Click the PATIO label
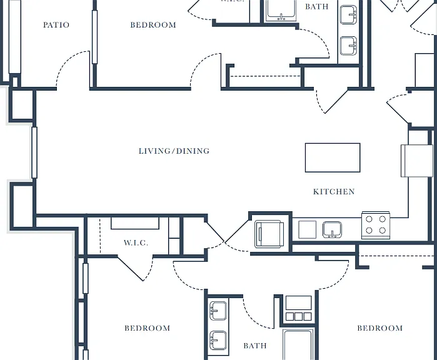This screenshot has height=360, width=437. [56, 25]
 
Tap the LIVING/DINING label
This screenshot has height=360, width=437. [174, 151]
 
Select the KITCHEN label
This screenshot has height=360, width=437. [334, 191]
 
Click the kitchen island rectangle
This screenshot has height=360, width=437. [333, 157]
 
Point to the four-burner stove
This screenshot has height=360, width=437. [376, 225]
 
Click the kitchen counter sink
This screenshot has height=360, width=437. [332, 230]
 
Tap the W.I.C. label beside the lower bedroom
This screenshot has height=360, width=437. [136, 242]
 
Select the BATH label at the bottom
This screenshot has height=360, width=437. [255, 346]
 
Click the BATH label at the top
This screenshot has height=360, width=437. [316, 6]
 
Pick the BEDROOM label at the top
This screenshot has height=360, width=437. [153, 25]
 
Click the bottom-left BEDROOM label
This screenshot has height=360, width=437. [148, 328]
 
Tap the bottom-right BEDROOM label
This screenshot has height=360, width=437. [380, 328]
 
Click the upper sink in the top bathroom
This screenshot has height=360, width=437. [348, 14]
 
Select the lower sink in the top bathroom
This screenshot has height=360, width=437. [348, 46]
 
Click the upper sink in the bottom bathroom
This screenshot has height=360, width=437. [218, 311]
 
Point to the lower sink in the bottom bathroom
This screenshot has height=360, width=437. [218, 340]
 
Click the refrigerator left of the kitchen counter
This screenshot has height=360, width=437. [269, 234]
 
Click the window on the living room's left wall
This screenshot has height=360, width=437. [34, 152]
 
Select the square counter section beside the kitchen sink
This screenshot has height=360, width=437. [307, 229]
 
